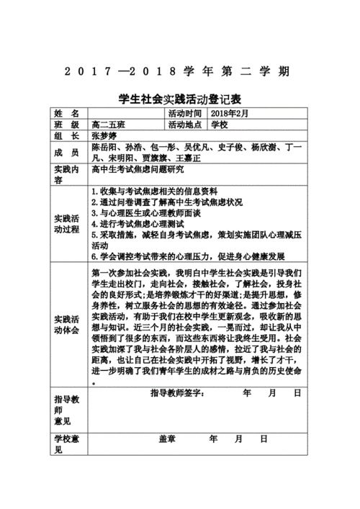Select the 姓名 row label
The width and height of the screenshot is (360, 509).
point(67,114)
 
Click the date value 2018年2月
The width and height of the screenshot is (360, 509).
point(229,114)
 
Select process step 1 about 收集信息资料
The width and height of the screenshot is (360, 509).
point(154,192)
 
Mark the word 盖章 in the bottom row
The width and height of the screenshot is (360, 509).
point(168,438)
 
